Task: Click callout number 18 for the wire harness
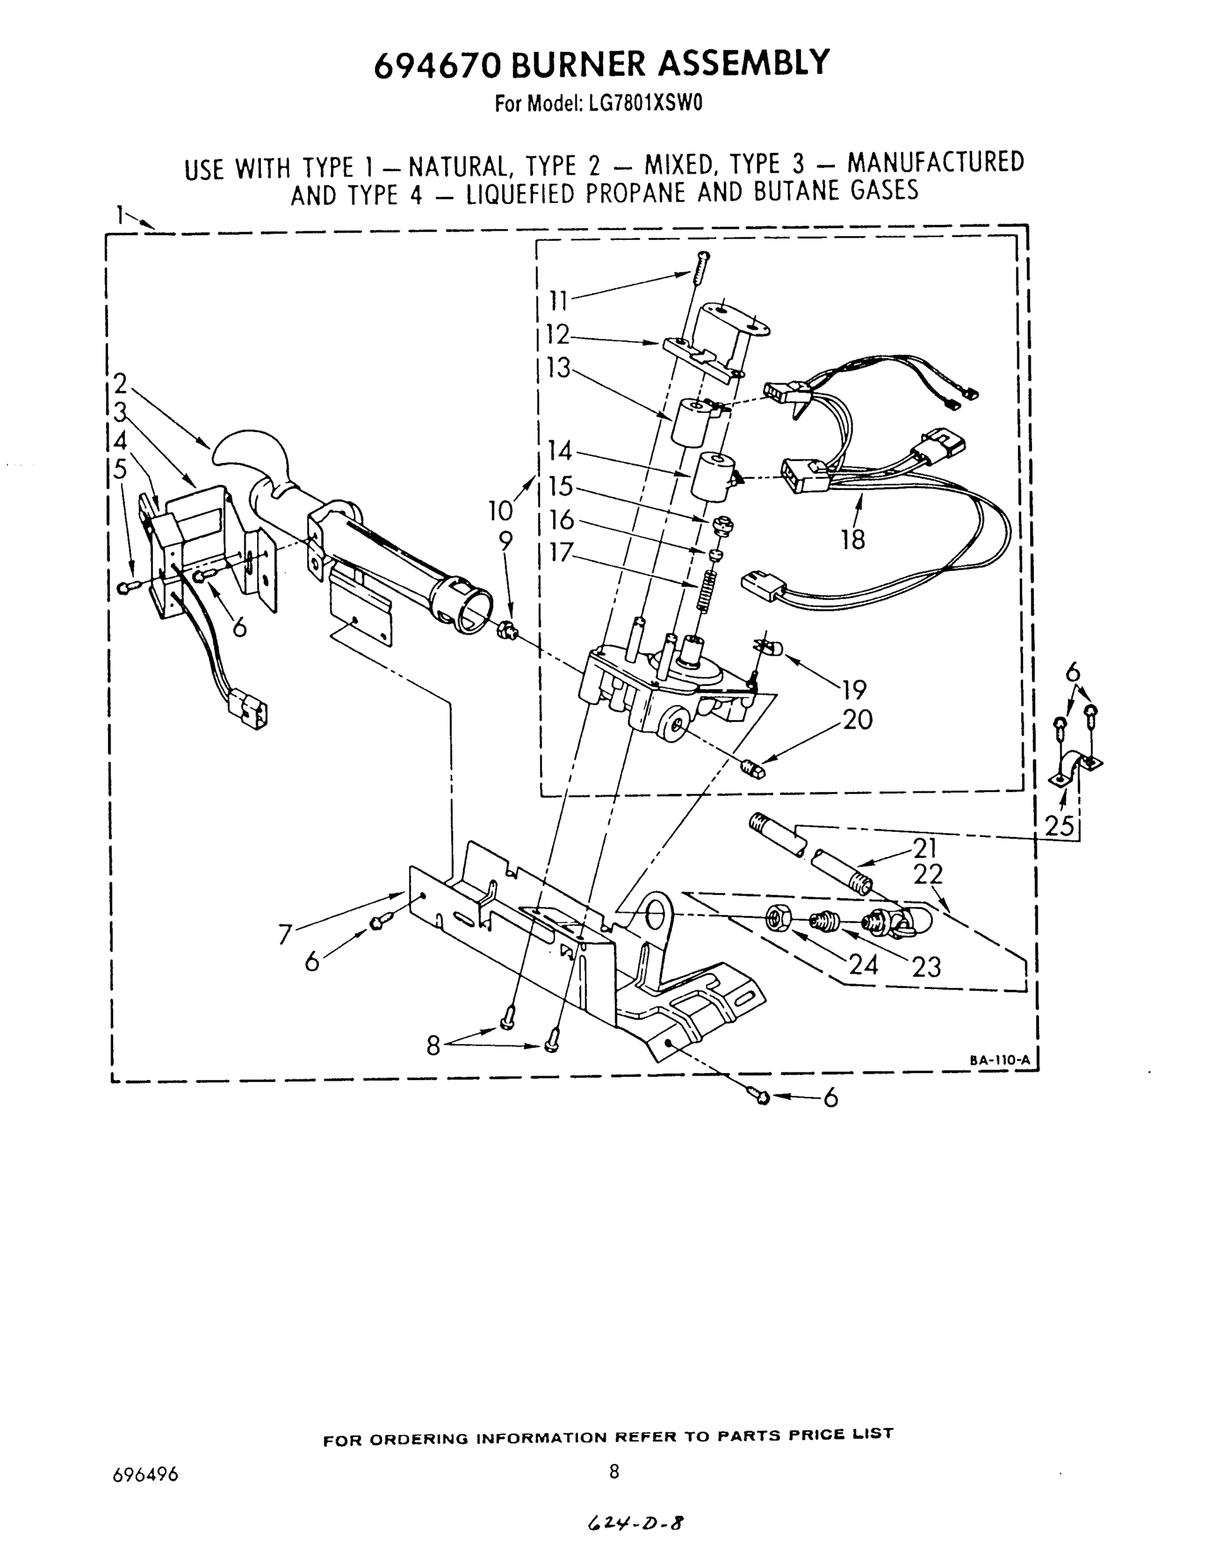click(853, 540)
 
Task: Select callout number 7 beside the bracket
click(285, 935)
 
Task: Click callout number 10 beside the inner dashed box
click(500, 510)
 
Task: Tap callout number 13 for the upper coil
click(559, 368)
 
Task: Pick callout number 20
click(858, 720)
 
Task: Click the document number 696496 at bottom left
click(145, 1475)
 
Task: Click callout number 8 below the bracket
click(433, 1044)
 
